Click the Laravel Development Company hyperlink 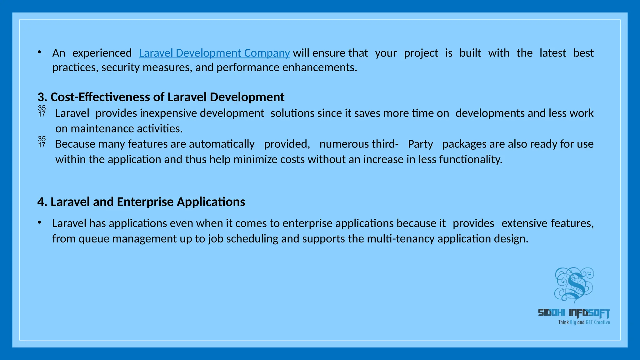click(x=214, y=53)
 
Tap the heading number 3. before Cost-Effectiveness click(x=42, y=97)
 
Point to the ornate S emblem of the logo click(x=574, y=285)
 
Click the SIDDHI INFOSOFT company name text click(x=574, y=313)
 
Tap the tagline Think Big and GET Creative click(x=584, y=322)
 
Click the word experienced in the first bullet click(x=102, y=53)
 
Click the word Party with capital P click(x=420, y=144)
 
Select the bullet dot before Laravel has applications click(x=39, y=222)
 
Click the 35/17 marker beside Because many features click(x=42, y=142)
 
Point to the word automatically click(x=222, y=144)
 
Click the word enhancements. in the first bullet click(x=319, y=67)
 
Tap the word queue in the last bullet click(x=94, y=239)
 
